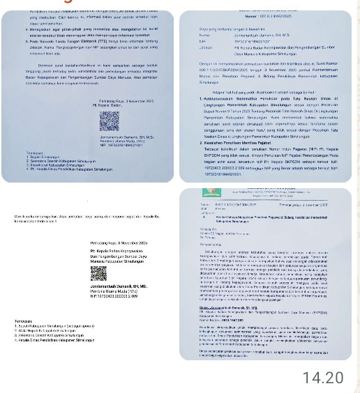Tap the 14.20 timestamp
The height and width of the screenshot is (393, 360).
tap(323, 378)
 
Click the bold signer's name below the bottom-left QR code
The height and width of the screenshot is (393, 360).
tap(120, 286)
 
